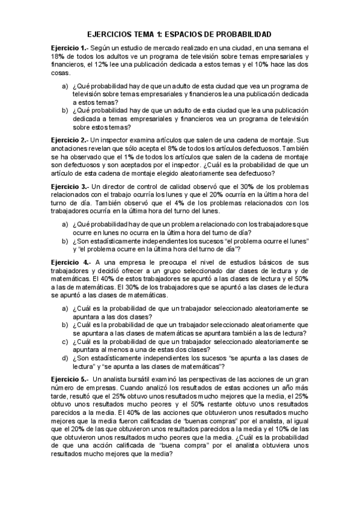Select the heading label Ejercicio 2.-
[x=69, y=139]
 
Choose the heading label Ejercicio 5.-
[x=69, y=381]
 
